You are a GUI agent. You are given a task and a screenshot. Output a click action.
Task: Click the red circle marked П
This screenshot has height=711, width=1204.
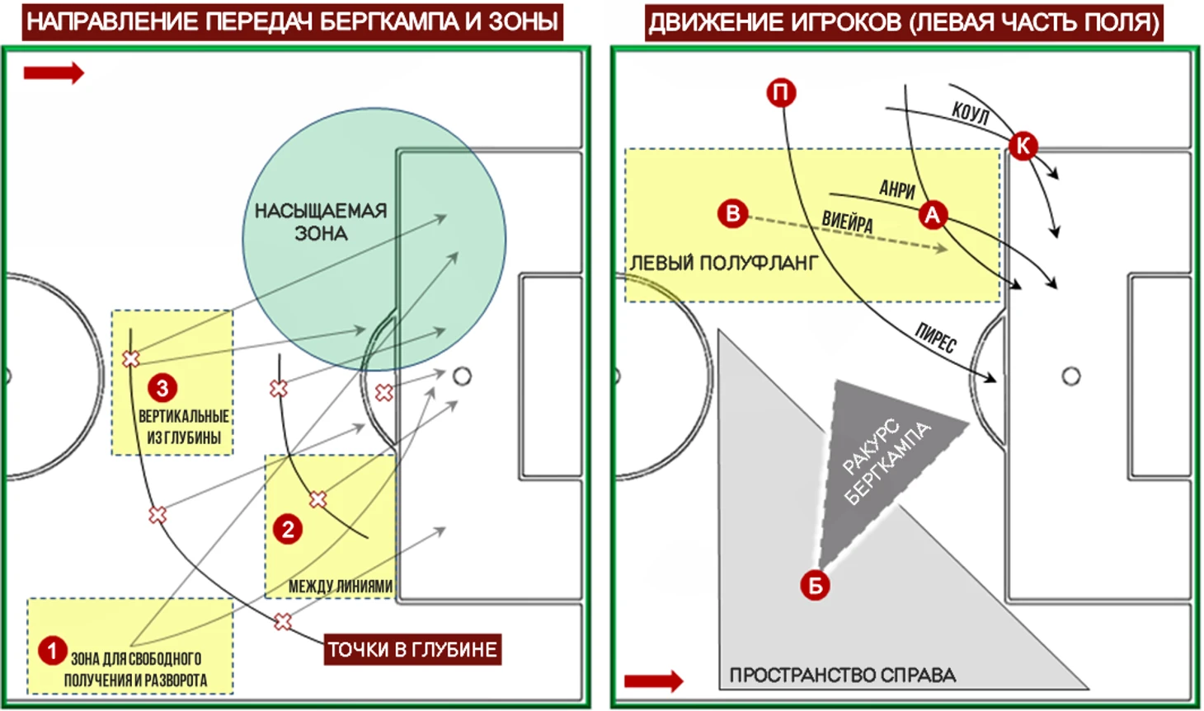781,93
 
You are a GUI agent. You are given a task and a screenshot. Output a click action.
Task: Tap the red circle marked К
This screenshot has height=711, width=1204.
1023,146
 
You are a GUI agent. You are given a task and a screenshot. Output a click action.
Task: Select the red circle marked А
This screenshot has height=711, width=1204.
933,215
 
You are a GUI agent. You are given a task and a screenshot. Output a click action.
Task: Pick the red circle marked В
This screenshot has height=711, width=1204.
732,213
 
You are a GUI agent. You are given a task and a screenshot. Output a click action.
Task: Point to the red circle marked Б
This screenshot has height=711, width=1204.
815,586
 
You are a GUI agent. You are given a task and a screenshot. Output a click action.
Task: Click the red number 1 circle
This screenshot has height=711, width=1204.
52,651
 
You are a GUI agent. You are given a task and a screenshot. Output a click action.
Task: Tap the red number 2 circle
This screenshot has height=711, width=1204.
288,530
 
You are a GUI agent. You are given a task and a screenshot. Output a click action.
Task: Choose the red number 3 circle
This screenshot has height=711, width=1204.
162,388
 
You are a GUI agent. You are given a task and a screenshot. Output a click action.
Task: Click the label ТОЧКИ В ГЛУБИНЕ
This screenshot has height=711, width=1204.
412,650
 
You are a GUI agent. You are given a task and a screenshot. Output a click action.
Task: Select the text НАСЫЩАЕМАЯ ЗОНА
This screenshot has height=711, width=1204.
321,222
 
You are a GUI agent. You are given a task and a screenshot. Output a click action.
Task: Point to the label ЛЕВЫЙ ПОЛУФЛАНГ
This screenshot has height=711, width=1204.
724,263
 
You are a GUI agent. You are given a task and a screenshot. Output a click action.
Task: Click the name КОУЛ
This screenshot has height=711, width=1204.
970,114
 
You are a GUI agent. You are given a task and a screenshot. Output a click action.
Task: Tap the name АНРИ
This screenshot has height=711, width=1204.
897,189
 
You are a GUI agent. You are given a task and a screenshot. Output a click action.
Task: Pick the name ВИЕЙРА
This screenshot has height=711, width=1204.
847,222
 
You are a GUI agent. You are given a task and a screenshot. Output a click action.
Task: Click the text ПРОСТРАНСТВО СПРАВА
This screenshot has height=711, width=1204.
842,675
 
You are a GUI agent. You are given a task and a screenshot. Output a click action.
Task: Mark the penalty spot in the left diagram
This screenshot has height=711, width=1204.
463,376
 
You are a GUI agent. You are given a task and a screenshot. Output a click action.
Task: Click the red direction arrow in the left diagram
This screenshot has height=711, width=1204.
54,73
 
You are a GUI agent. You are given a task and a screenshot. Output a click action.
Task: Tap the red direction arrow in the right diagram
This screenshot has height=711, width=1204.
654,681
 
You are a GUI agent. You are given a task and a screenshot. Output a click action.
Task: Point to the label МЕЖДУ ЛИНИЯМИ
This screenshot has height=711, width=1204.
341,587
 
